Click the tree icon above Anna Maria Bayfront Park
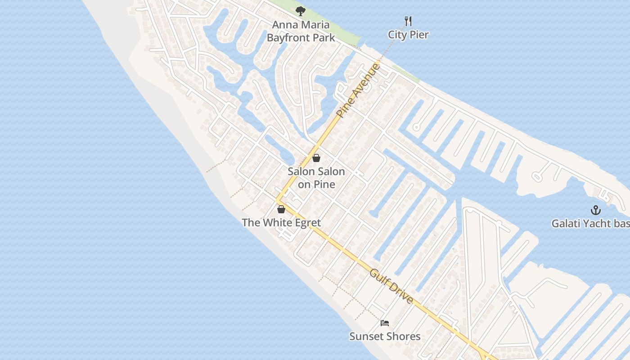tap(300, 11)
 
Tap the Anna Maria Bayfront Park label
tap(301, 31)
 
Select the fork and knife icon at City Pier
tap(408, 21)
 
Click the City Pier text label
tap(409, 35)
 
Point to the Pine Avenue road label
tap(358, 91)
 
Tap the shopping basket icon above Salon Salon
tap(316, 158)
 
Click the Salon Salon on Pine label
tap(316, 178)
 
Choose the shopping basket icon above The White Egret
tap(281, 209)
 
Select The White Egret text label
tap(281, 222)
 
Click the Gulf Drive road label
tap(391, 286)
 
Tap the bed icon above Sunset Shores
tap(385, 323)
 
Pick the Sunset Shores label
tap(385, 336)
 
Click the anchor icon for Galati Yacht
tap(596, 210)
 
